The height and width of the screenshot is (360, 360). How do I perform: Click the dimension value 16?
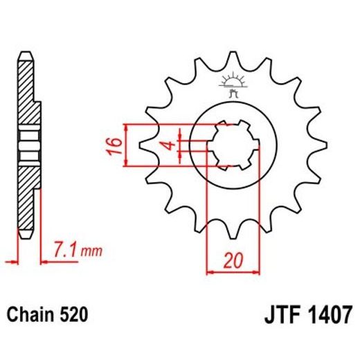(x=116, y=145)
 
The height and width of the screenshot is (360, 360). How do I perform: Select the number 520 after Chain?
(x=74, y=316)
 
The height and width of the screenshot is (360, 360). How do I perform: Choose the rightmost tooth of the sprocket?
(x=319, y=145)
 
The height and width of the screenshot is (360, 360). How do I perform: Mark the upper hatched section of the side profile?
(x=26, y=90)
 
